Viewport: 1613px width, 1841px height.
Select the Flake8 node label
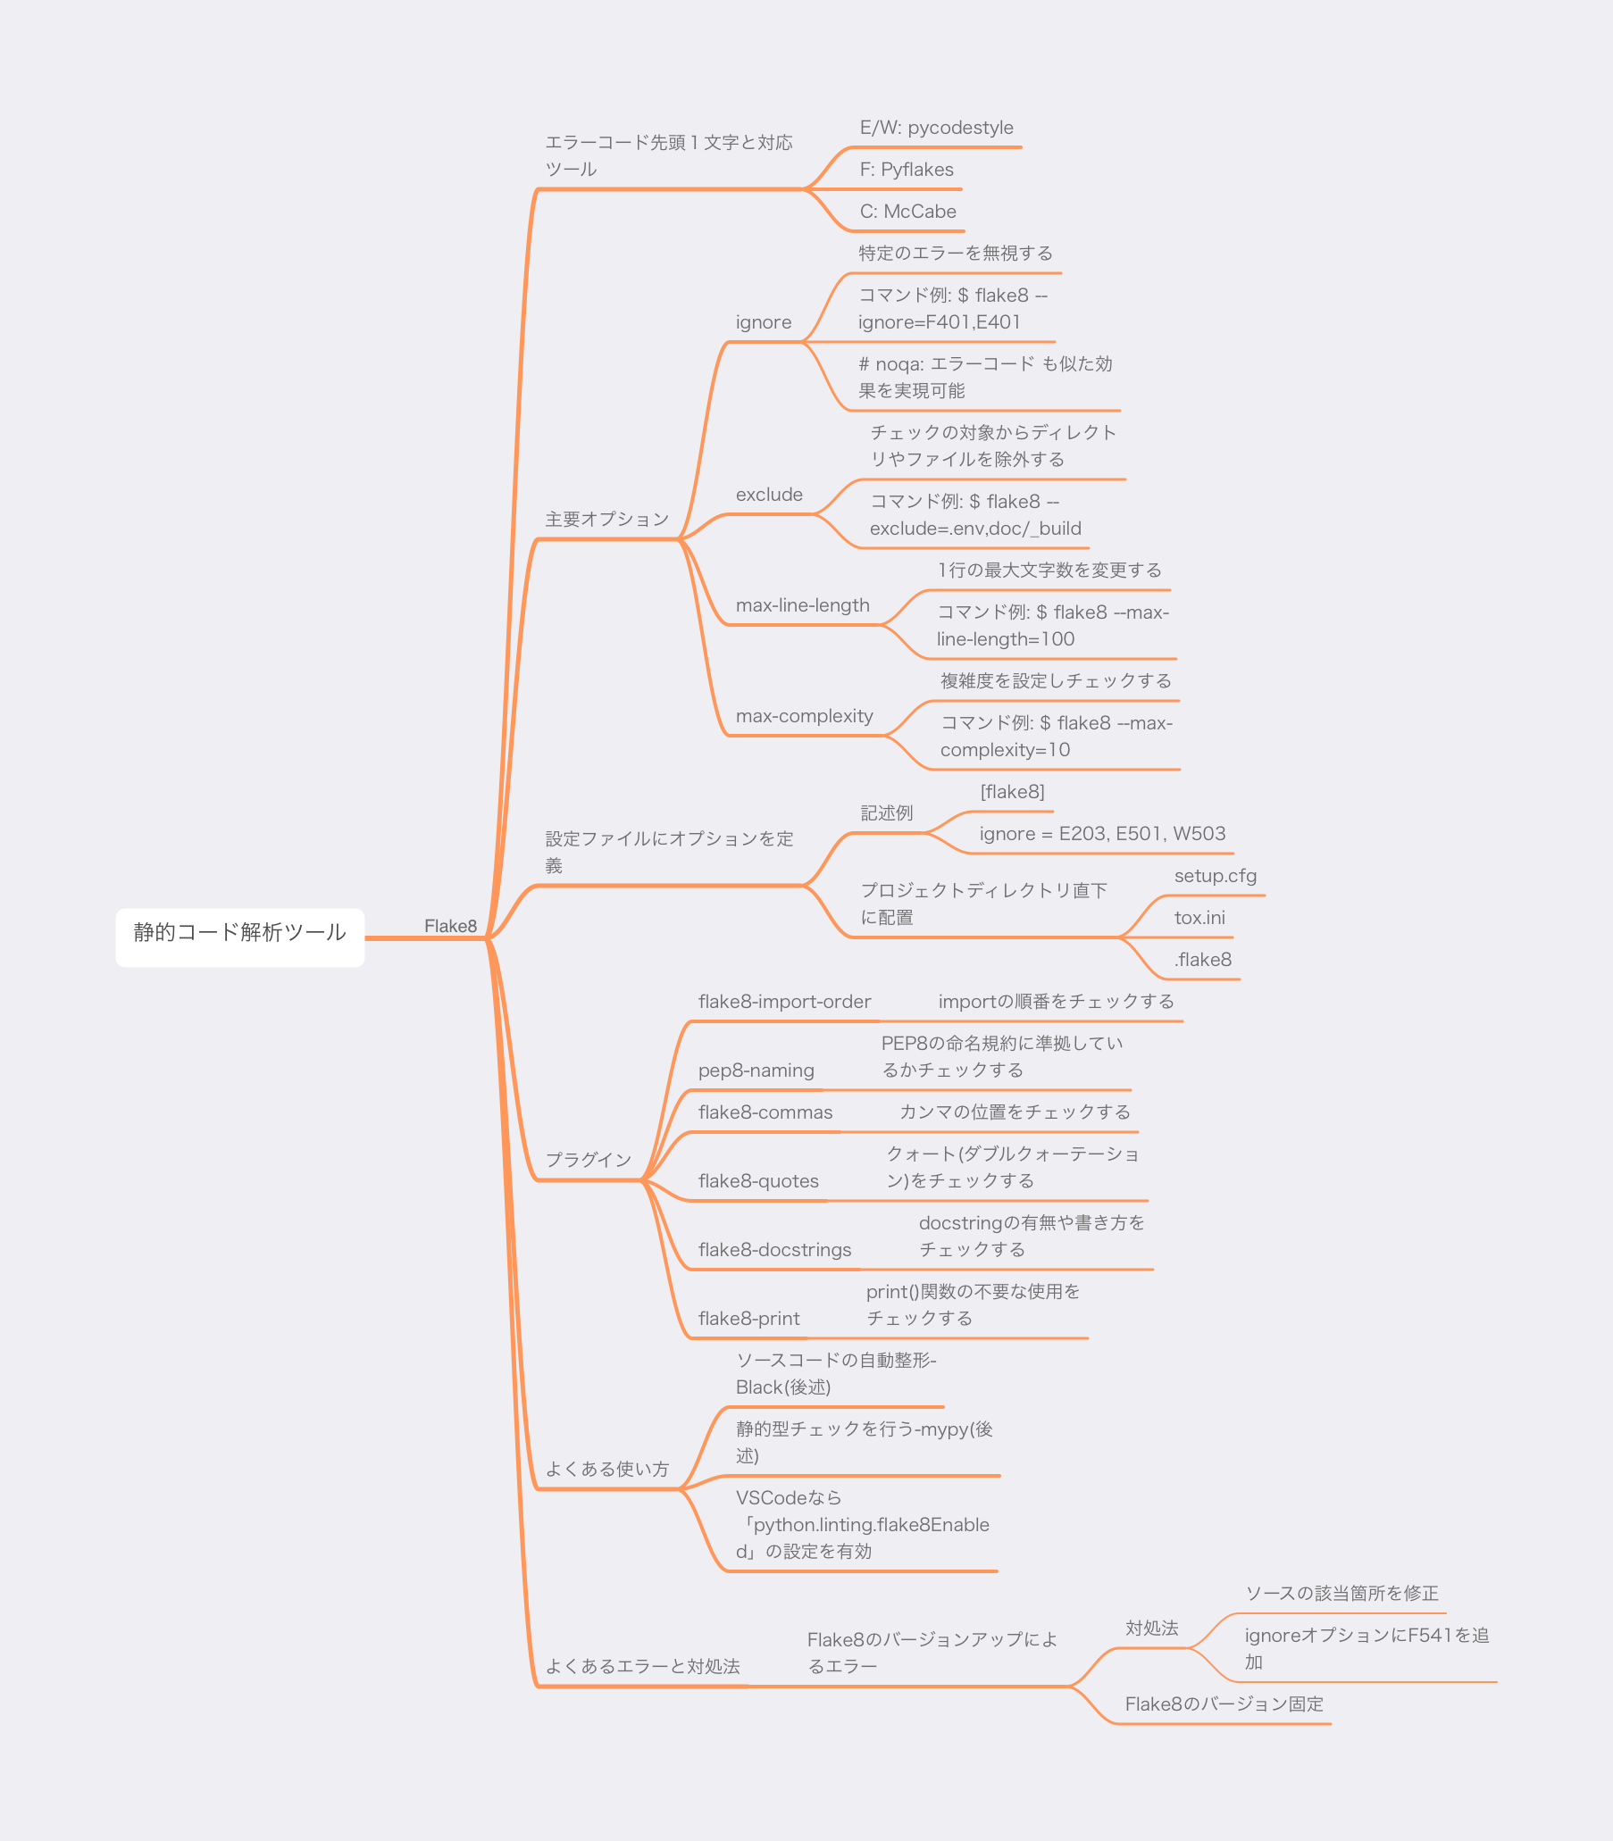click(x=450, y=926)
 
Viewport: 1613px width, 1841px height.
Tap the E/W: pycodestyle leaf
click(x=936, y=128)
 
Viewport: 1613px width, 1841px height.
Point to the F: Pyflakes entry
click(x=907, y=169)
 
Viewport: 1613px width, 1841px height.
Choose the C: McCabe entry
click(x=907, y=212)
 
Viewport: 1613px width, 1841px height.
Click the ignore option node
click(x=764, y=322)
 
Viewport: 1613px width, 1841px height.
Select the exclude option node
click(x=769, y=494)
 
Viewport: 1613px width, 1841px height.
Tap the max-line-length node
click(x=802, y=605)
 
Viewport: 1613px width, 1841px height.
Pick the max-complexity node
click(x=804, y=716)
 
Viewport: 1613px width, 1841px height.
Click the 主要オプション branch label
click(x=606, y=520)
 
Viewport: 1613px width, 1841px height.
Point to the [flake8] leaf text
click(x=1012, y=792)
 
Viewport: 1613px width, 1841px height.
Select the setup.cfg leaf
click(x=1216, y=876)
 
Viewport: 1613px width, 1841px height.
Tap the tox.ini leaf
click(x=1199, y=918)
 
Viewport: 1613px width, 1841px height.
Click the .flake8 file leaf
click(x=1202, y=959)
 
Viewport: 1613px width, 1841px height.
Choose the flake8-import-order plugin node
click(x=784, y=1002)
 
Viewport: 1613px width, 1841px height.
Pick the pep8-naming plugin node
click(x=756, y=1070)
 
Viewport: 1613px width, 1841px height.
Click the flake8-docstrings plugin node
click(x=774, y=1250)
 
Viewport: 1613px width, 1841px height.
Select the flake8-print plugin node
click(x=748, y=1318)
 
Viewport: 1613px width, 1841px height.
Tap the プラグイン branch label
click(x=589, y=1160)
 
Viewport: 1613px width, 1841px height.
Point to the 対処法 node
click(x=1151, y=1628)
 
